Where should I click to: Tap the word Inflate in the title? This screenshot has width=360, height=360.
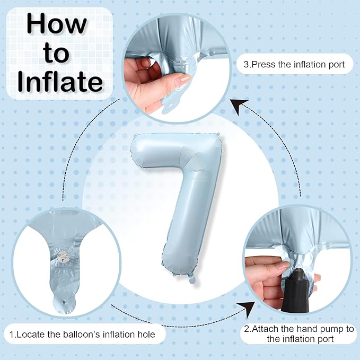point(60,82)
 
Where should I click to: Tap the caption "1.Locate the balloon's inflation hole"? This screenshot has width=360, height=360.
point(83,335)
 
